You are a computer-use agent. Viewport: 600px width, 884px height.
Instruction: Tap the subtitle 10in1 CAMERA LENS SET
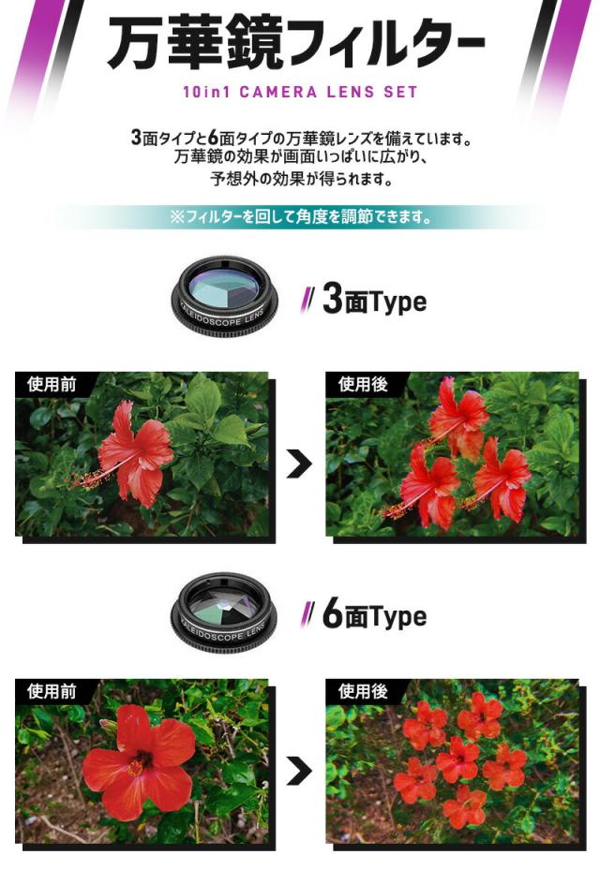point(300,92)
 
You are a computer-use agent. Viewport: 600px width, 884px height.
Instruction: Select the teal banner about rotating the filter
point(300,217)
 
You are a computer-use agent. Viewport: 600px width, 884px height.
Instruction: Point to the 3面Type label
point(373,302)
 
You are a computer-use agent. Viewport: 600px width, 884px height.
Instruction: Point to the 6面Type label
point(373,616)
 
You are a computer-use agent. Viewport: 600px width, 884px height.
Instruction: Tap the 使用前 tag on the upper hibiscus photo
point(52,385)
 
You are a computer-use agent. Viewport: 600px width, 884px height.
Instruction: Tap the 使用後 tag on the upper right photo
point(363,385)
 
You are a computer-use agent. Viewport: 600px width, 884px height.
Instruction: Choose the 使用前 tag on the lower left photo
point(52,692)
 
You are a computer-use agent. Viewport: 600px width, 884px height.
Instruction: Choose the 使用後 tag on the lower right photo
point(363,692)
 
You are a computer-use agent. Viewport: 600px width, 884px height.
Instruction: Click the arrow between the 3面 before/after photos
point(299,464)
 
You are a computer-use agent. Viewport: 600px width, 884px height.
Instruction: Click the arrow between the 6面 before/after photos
point(299,771)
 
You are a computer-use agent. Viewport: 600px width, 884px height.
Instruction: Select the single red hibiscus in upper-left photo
point(139,454)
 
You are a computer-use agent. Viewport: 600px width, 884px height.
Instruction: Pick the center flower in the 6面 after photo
point(458,759)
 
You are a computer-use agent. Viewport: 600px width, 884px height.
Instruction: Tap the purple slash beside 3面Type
point(307,302)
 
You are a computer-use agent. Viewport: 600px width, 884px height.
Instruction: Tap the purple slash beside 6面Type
point(307,616)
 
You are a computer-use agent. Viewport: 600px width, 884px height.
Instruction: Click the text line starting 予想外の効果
point(300,178)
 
